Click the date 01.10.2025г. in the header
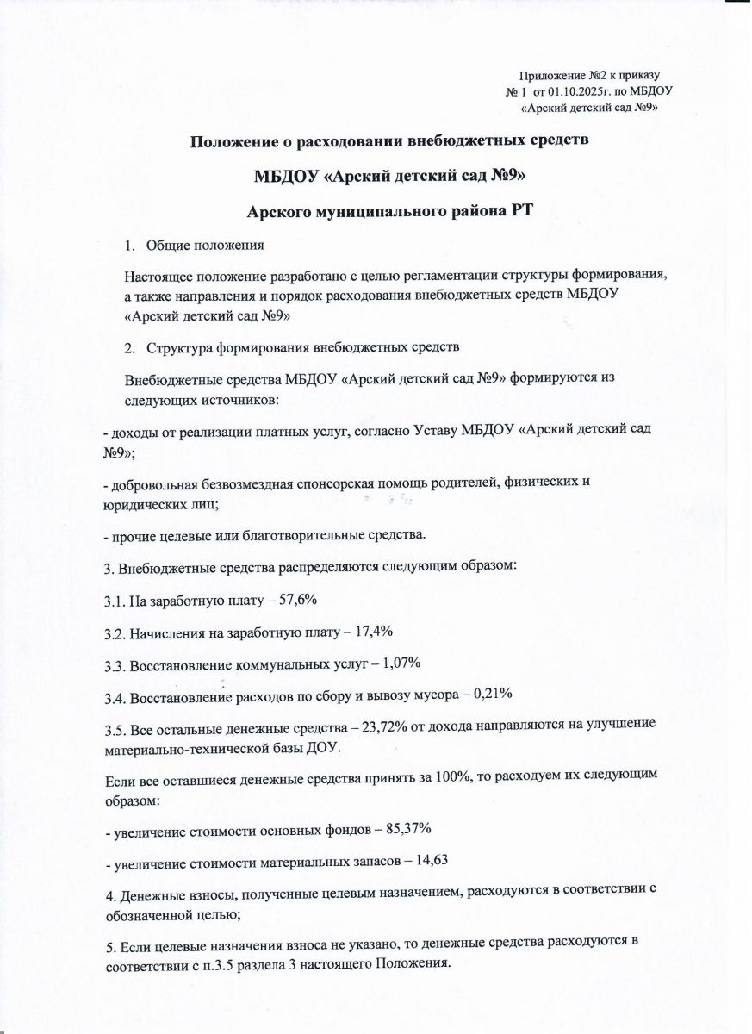[575, 90]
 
